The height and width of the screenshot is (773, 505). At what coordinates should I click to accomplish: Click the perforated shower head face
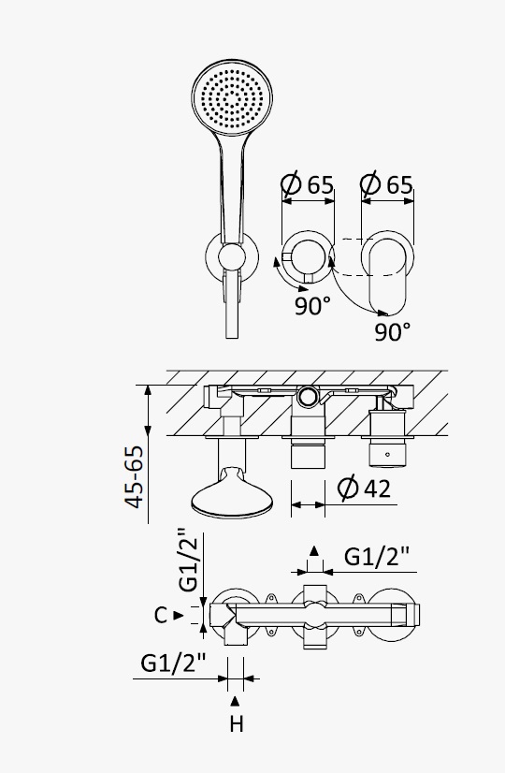pyautogui.click(x=232, y=97)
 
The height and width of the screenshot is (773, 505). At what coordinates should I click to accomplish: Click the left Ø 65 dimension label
pyautogui.click(x=308, y=184)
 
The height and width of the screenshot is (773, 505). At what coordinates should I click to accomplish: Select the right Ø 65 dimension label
pyautogui.click(x=387, y=184)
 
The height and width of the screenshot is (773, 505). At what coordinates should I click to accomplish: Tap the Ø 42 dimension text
pyautogui.click(x=364, y=489)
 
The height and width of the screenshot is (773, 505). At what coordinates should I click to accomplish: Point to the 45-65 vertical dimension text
pyautogui.click(x=134, y=476)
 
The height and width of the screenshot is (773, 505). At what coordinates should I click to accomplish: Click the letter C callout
pyautogui.click(x=161, y=615)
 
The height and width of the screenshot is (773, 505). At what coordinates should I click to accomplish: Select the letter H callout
pyautogui.click(x=237, y=724)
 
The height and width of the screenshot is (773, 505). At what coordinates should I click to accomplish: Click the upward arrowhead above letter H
pyautogui.click(x=235, y=701)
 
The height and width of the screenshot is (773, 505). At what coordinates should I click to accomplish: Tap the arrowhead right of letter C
pyautogui.click(x=179, y=615)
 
